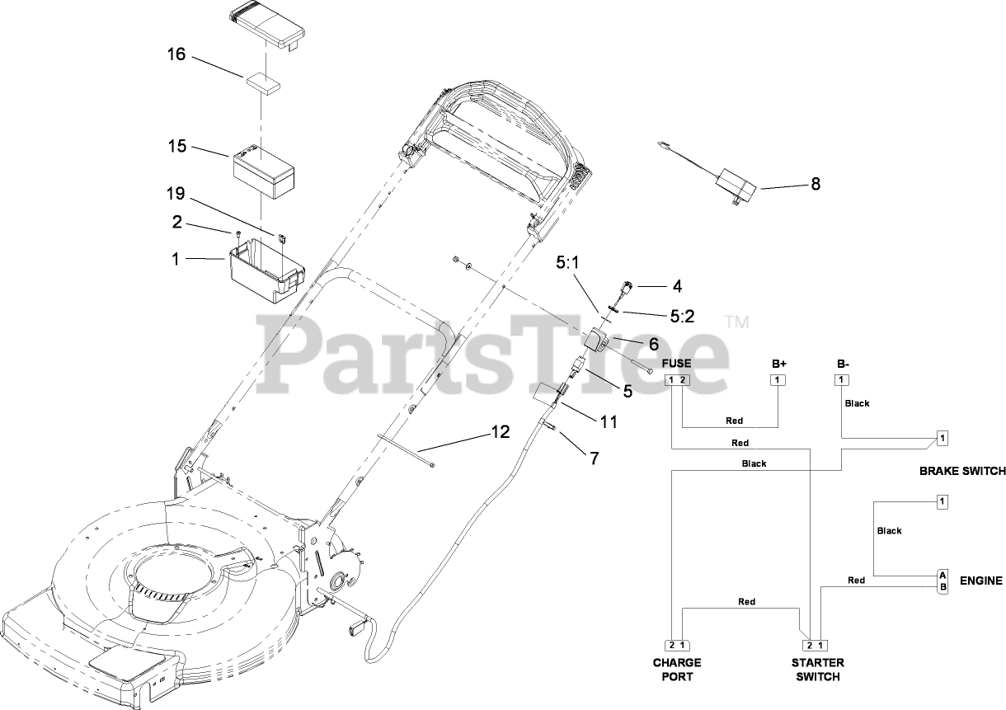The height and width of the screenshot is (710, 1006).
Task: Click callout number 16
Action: [176, 55]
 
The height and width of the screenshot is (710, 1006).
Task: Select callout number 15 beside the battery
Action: [176, 146]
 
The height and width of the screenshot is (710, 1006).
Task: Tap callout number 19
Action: [176, 195]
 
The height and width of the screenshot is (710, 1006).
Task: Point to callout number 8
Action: [816, 184]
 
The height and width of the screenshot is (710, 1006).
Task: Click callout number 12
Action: [500, 431]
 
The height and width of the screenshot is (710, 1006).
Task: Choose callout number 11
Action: [609, 421]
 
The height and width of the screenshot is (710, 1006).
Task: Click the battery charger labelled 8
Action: [736, 184]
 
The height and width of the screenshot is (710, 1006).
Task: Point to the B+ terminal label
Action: [779, 364]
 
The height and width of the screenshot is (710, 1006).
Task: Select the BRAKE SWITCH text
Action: [962, 472]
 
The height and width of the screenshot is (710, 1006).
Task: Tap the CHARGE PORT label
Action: [677, 670]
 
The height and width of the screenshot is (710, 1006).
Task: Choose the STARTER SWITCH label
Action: [816, 670]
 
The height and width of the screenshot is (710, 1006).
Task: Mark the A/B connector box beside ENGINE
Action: [943, 581]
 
